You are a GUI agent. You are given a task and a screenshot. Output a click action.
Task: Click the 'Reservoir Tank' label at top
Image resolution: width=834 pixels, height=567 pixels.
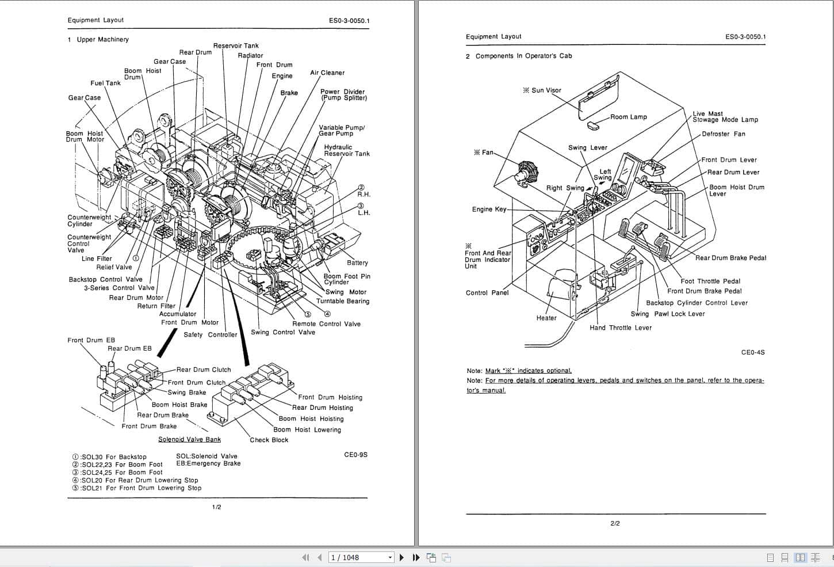[x=236, y=46]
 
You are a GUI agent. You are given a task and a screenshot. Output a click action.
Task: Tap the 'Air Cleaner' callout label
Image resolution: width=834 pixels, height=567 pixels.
[x=327, y=73]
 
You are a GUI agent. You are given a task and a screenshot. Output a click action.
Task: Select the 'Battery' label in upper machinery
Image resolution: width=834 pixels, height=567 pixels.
[x=357, y=262]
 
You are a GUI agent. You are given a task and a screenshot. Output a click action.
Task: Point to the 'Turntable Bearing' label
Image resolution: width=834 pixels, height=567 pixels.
[x=343, y=301]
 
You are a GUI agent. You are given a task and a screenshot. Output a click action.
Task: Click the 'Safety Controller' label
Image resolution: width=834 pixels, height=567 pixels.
[x=211, y=334]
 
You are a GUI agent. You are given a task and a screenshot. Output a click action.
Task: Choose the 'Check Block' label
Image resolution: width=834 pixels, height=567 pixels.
[x=269, y=440]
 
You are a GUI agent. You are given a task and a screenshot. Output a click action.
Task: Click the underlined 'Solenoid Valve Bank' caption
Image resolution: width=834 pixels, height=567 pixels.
[x=189, y=440]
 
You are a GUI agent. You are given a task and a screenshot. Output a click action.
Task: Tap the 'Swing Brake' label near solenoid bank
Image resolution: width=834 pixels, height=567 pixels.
[x=187, y=393]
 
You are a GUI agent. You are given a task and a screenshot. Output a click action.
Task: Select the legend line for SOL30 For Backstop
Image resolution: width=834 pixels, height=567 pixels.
[x=109, y=457]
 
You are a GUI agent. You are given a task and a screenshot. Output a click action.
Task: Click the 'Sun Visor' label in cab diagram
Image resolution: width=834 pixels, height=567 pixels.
[x=542, y=90]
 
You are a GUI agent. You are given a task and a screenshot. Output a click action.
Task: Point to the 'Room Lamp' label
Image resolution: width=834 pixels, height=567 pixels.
[x=628, y=117]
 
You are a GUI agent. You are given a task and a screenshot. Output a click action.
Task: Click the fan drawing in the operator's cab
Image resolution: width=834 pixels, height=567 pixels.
[x=527, y=173]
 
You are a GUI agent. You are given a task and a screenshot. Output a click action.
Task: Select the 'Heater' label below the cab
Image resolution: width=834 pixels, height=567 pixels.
[x=546, y=318]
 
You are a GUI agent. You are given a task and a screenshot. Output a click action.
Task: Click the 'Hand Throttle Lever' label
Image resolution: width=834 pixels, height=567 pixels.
[x=621, y=328]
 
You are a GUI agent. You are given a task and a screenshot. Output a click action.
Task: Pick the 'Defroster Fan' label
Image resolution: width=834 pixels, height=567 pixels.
[x=723, y=134]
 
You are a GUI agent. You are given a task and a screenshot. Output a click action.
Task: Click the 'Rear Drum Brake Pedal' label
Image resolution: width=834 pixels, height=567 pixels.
[x=730, y=258]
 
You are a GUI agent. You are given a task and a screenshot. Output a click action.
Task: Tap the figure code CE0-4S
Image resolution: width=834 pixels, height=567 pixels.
[x=753, y=352]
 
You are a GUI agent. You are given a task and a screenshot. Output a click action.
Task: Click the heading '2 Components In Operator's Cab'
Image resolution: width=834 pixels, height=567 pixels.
[x=519, y=56]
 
